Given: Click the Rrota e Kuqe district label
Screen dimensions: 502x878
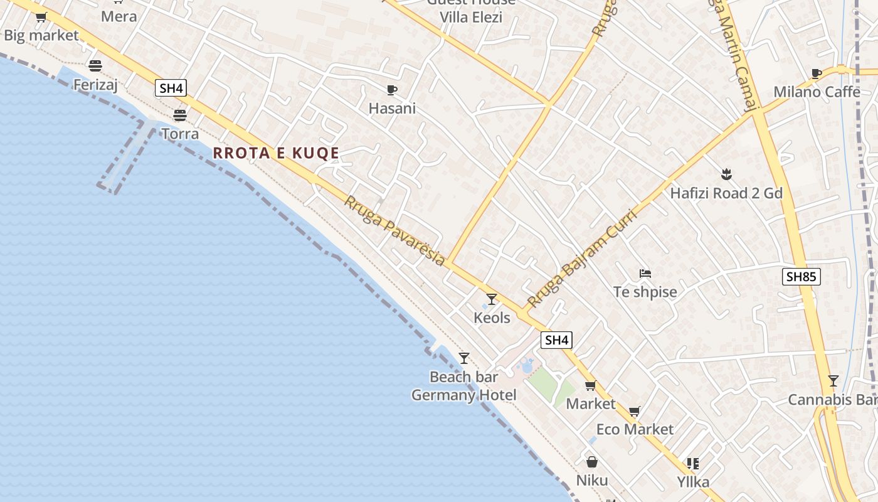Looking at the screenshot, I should (x=276, y=153).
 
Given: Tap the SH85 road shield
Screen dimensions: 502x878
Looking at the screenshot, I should (x=801, y=276).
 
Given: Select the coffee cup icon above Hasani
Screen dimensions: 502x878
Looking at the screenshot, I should (x=392, y=90).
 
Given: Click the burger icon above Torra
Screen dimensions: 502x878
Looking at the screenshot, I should (x=180, y=115).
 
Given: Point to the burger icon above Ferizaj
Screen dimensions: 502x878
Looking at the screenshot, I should (x=95, y=66).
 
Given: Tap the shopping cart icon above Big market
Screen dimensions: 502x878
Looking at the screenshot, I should (x=41, y=18).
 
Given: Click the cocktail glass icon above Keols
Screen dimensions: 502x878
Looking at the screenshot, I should (x=492, y=299).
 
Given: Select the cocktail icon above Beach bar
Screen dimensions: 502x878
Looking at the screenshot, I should (x=464, y=358).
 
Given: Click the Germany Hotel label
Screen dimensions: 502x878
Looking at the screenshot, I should (x=464, y=395).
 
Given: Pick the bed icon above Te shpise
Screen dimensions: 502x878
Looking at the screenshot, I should (x=645, y=274).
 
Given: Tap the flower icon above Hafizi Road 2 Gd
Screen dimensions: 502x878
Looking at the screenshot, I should (x=726, y=174).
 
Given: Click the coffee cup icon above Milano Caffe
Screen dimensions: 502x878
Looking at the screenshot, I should (x=817, y=74).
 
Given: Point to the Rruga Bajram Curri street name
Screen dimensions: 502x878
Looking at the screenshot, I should (x=582, y=259).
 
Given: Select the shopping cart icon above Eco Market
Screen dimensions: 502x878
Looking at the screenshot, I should (x=635, y=412).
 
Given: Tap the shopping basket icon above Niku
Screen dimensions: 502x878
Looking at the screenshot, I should (x=591, y=462).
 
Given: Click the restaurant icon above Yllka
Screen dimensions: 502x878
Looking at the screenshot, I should (x=693, y=464).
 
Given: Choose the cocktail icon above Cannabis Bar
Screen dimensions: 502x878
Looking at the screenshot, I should (x=833, y=381).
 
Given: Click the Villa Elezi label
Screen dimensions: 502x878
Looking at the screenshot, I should (x=471, y=18).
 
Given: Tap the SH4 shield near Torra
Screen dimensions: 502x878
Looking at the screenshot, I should (x=171, y=88).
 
